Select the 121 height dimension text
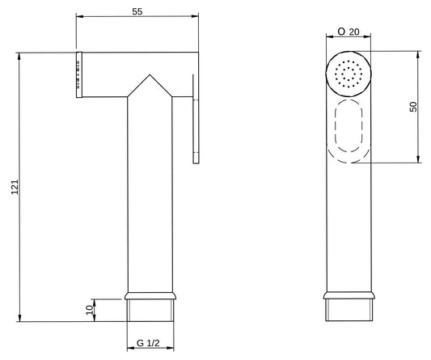click(x=12, y=188)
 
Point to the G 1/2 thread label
click(x=149, y=342)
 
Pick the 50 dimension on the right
click(x=413, y=108)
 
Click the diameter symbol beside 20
click(x=342, y=32)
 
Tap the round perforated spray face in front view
click(x=349, y=74)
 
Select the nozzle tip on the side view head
click(x=79, y=75)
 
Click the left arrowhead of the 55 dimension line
click(x=78, y=15)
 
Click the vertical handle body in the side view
click(x=150, y=194)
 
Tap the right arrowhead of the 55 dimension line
click(x=196, y=15)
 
